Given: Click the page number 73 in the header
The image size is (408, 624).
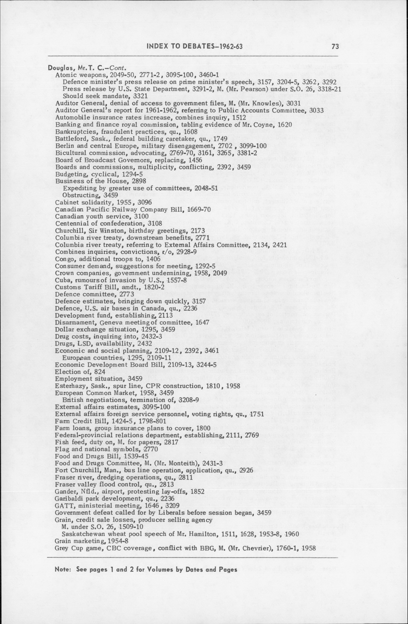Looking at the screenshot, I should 335,47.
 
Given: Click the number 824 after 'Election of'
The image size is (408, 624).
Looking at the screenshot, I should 99,372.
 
